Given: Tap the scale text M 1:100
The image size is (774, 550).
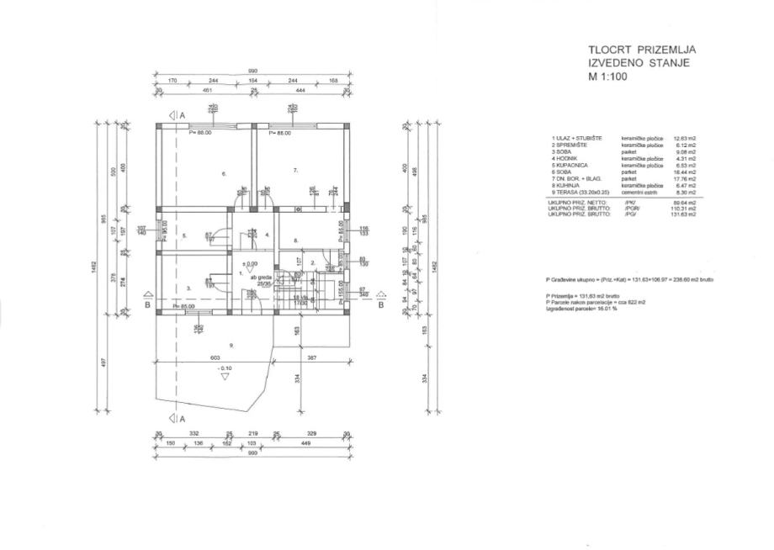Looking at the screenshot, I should click(609, 76).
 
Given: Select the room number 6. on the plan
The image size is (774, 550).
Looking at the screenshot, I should click(224, 174).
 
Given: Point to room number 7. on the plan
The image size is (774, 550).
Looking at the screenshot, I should click(295, 170).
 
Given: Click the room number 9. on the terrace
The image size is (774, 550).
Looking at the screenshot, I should click(231, 345).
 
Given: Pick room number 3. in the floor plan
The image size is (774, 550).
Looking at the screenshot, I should click(188, 288).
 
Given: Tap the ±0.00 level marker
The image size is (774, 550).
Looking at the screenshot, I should click(250, 263).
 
